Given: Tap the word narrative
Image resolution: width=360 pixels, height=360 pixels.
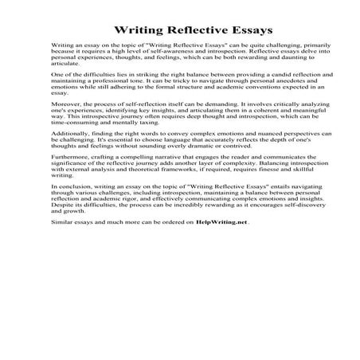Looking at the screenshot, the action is [148, 196].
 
